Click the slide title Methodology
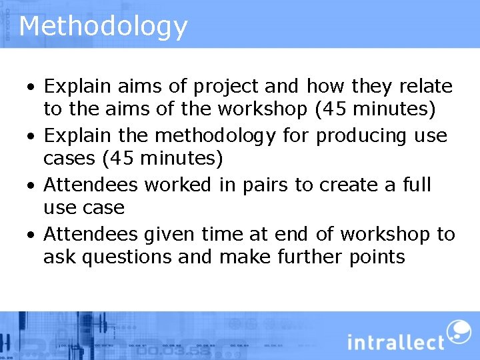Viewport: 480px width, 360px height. point(103,27)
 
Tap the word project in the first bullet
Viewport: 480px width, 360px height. point(226,87)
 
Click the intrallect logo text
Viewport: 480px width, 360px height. point(395,342)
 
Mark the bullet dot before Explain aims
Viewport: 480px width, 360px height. point(31,87)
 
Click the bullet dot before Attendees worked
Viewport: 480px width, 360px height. point(31,185)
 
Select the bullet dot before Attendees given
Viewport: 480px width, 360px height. point(31,235)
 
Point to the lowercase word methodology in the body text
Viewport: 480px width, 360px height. point(215,136)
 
